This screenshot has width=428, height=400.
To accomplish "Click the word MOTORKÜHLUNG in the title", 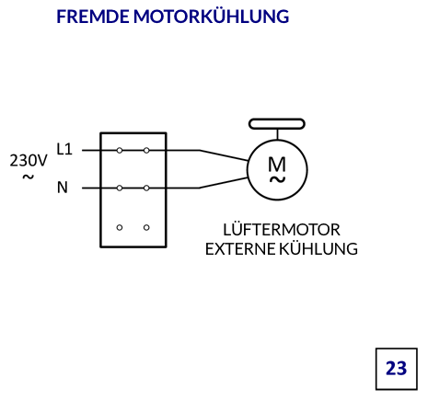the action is coord(211,16).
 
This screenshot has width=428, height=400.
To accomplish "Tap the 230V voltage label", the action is coord(29,160).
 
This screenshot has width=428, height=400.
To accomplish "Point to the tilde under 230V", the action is coord(29,177).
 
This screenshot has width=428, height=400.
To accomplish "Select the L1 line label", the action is coord(64,149).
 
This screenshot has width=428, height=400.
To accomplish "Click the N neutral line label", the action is coord(63,188).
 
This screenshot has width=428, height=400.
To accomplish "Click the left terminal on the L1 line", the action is coord(120,151).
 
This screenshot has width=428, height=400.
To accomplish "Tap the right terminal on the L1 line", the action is coord(146,151).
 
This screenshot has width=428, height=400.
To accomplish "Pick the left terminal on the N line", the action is coord(120,189).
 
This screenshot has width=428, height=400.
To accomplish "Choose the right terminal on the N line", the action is coord(146,189).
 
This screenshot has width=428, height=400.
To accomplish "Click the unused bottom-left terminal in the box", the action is coord(120,227).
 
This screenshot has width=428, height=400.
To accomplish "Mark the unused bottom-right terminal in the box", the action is coord(146,227).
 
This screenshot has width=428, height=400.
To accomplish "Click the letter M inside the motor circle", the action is coord(277,164).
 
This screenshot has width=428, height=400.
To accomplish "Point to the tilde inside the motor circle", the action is coord(277,179).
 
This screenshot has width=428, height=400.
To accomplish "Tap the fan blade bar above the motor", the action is coord(277,124).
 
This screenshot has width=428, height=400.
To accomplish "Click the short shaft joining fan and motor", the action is coord(277,134).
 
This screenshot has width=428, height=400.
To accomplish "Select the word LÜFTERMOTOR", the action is coord(282,229).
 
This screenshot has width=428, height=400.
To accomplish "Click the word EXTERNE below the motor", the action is coord(240,249).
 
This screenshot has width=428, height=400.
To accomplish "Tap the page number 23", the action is coord(397,369).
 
